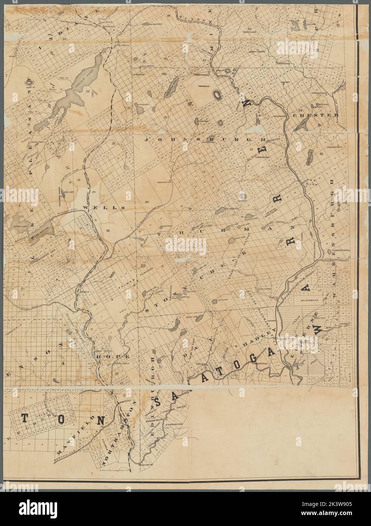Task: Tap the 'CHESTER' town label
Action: click(x=318, y=115)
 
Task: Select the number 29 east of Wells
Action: click(x=147, y=202)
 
